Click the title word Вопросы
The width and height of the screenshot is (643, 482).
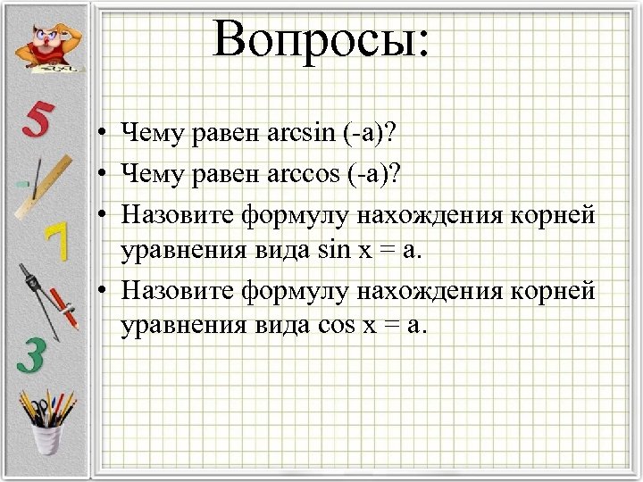321,40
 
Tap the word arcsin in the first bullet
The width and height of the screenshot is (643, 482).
303,135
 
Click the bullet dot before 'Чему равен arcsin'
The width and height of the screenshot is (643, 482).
104,136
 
